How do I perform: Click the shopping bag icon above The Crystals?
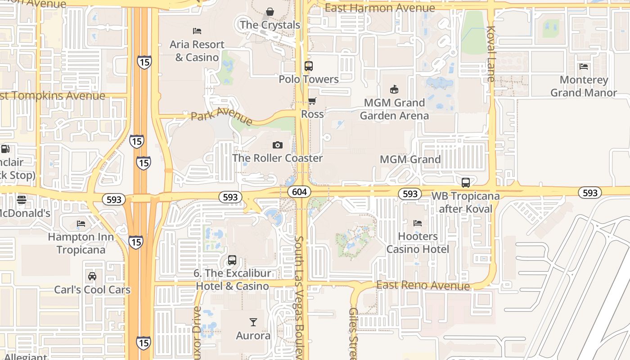[x=270, y=11]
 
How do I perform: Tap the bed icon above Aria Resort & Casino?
[x=197, y=31]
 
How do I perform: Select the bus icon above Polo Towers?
[x=308, y=66]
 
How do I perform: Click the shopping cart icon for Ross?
[x=312, y=101]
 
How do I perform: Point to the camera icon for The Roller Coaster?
[x=278, y=145]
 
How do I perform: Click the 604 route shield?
[x=299, y=192]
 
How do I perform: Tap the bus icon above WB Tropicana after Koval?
[x=466, y=183]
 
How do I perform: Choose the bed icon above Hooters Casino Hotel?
[x=418, y=223]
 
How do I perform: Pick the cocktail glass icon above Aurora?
[x=253, y=322]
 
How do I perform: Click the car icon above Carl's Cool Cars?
[x=92, y=276]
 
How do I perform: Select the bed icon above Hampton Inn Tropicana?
[x=81, y=223]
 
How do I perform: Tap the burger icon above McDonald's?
[x=22, y=199]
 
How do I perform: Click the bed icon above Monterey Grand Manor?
[x=584, y=67]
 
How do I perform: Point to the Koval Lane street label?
[x=490, y=54]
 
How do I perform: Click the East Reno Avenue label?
[x=423, y=285]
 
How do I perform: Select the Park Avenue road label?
[x=221, y=116]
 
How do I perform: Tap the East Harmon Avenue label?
[x=380, y=8]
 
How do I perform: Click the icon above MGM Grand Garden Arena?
[x=394, y=89]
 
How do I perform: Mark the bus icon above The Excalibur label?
[x=232, y=260]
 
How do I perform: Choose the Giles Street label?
[x=353, y=333]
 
